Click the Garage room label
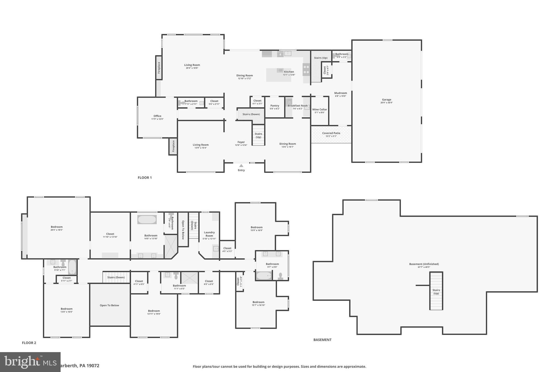coord(386,100)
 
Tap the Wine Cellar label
coord(319,110)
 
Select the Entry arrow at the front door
coord(241,166)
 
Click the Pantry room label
coord(275,106)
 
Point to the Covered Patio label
coord(331,133)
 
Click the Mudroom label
coord(340,93)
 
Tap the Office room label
coord(157,116)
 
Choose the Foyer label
coord(241,142)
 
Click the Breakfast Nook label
coord(298,106)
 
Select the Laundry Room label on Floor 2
coord(209,234)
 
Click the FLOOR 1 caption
coord(145,178)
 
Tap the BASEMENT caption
coord(322,340)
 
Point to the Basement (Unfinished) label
coord(424,264)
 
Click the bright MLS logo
coord(30,362)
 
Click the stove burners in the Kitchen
coord(306,69)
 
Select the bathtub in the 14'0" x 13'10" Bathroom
coord(147,220)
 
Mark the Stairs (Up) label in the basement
coord(436,292)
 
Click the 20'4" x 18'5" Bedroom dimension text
coord(57,230)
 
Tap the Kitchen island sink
coord(280,70)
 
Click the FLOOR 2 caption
coord(29,343)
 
